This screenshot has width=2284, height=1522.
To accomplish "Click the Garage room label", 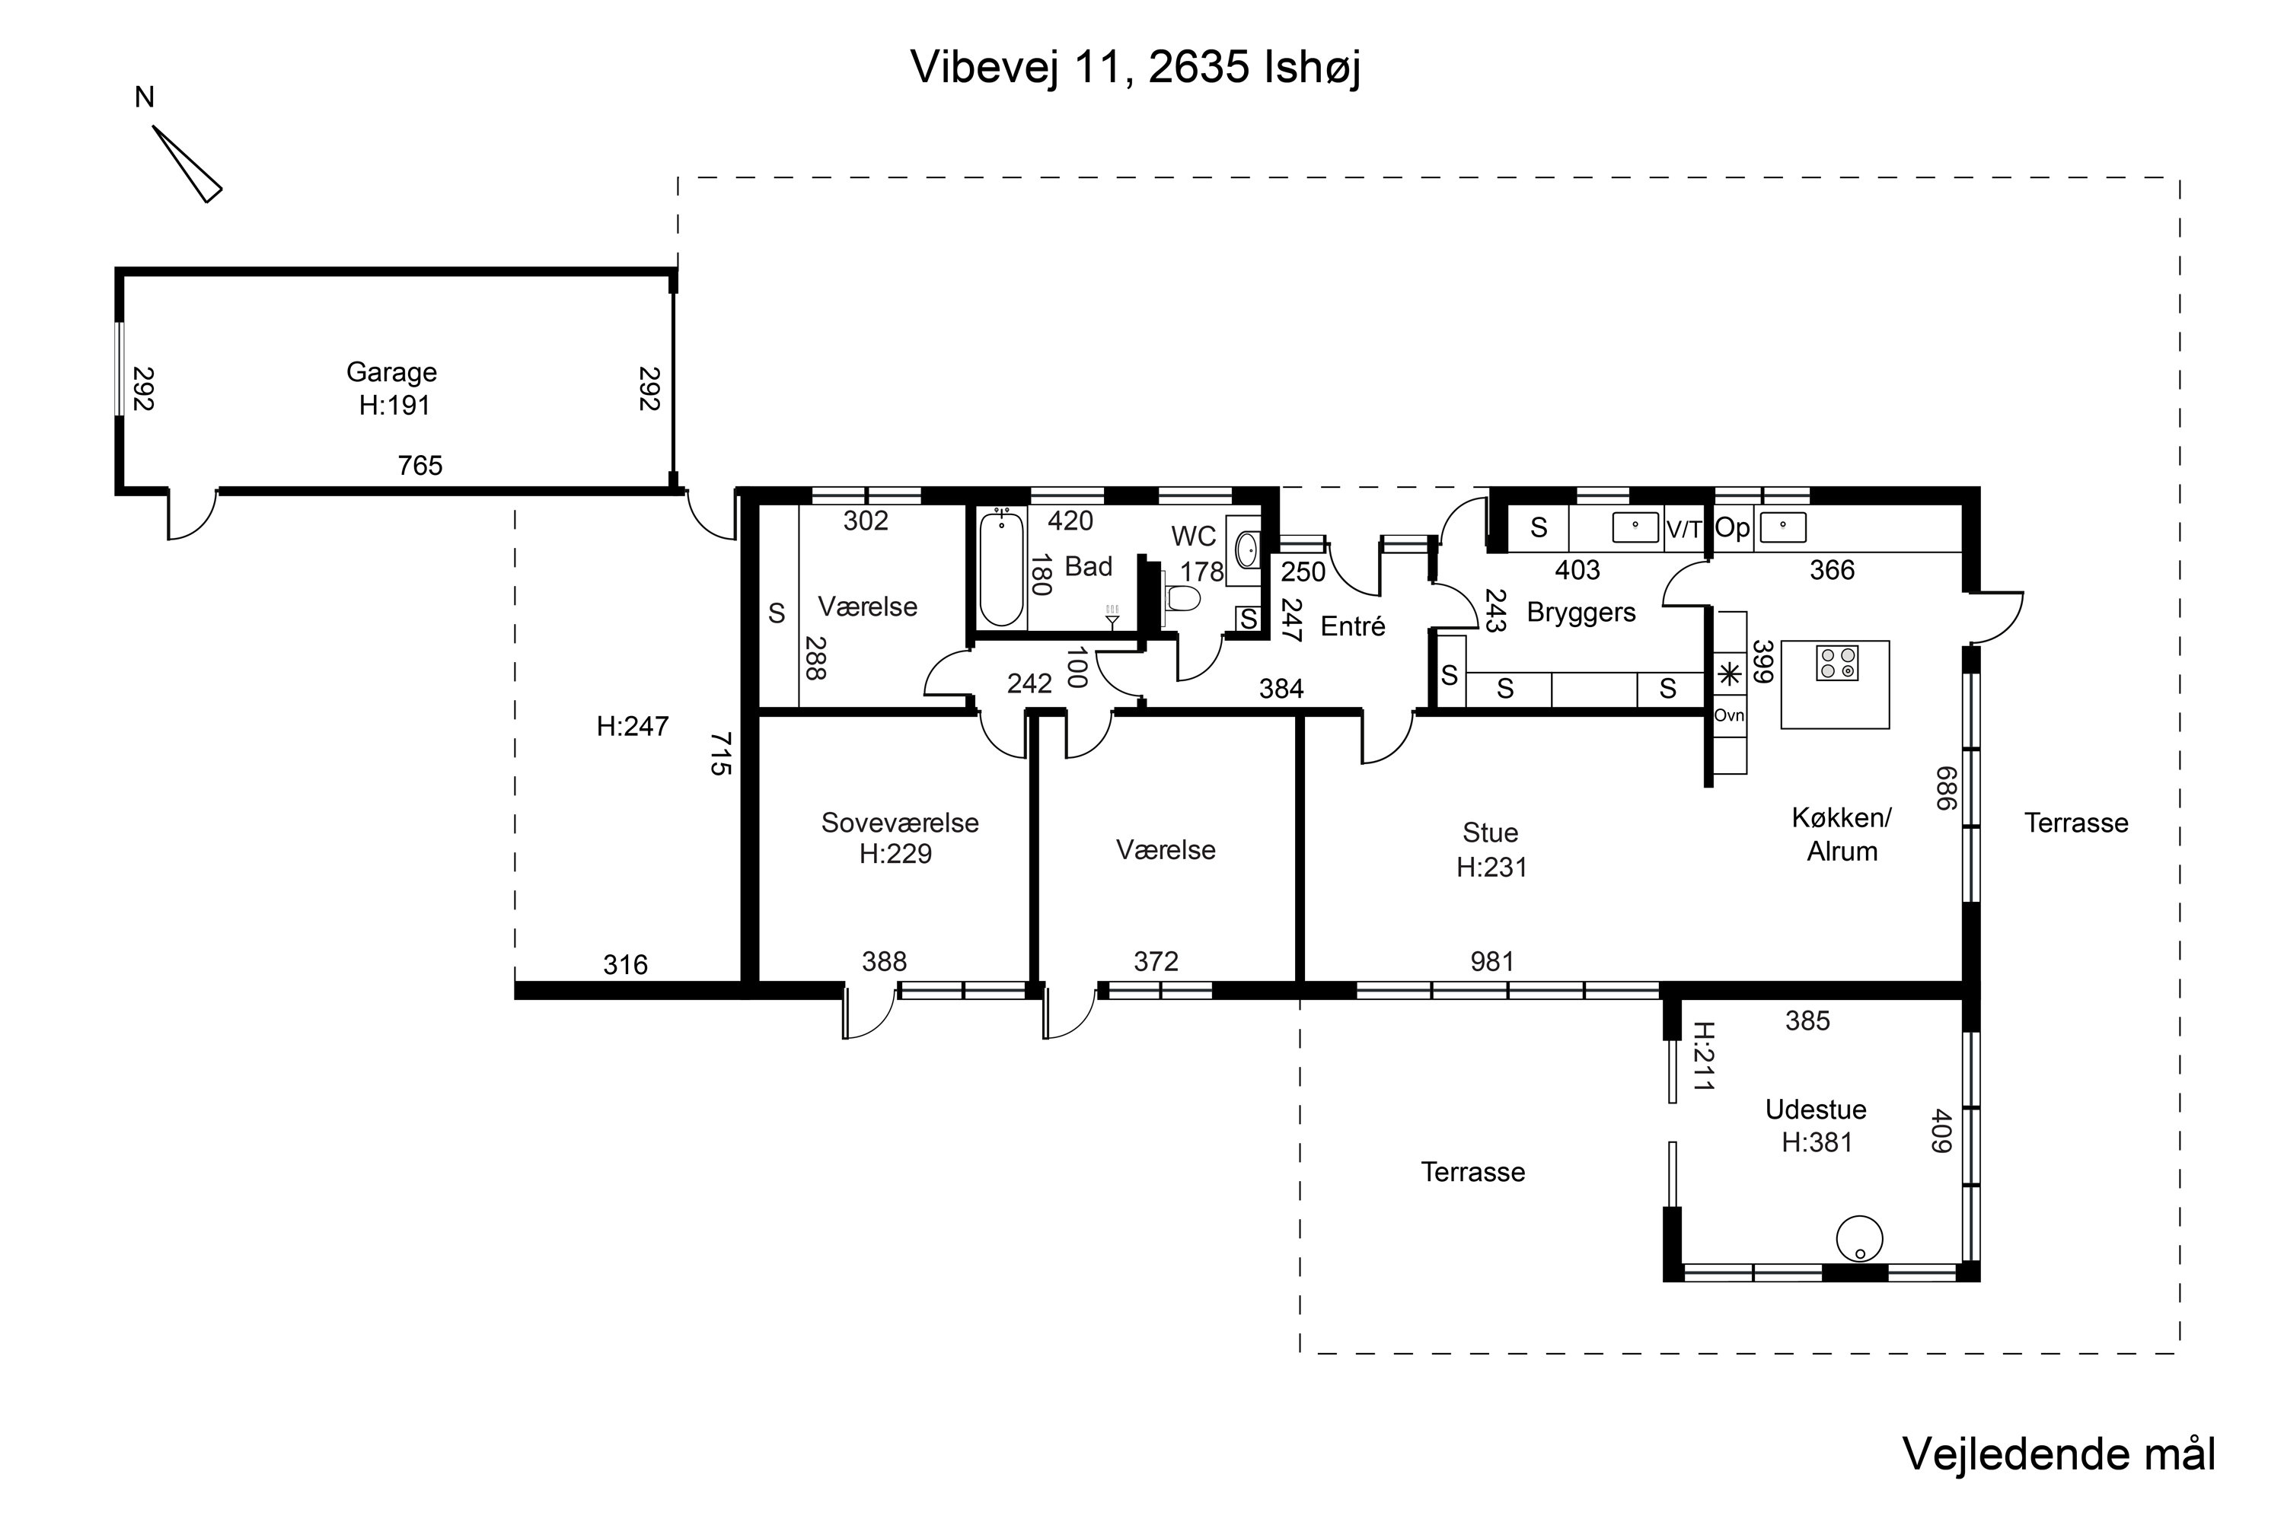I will [391, 373].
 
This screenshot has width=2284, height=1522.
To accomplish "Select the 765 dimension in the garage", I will [419, 466].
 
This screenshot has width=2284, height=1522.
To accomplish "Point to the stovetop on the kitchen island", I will [1836, 663].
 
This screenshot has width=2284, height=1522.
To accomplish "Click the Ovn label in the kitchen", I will [1728, 715].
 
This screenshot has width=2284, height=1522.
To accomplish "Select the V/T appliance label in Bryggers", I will [1684, 530].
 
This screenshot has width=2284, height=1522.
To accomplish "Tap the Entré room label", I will [1353, 627].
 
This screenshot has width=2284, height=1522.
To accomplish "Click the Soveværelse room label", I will [899, 823].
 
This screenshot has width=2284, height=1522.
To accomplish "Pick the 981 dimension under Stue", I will [1491, 962].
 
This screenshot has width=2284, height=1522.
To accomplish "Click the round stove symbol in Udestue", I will [1858, 1240].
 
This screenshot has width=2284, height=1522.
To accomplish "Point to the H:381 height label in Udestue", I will [1816, 1142].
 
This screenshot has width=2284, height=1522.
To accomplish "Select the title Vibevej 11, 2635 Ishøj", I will [1134, 67].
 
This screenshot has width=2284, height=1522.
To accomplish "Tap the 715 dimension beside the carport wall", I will [719, 753].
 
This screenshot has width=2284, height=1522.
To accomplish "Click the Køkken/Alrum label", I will [1841, 835].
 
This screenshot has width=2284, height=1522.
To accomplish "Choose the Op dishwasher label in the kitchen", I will [1731, 528].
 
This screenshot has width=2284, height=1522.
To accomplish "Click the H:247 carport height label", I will [632, 726].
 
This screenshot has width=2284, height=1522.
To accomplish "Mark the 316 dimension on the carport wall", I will [624, 965].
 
